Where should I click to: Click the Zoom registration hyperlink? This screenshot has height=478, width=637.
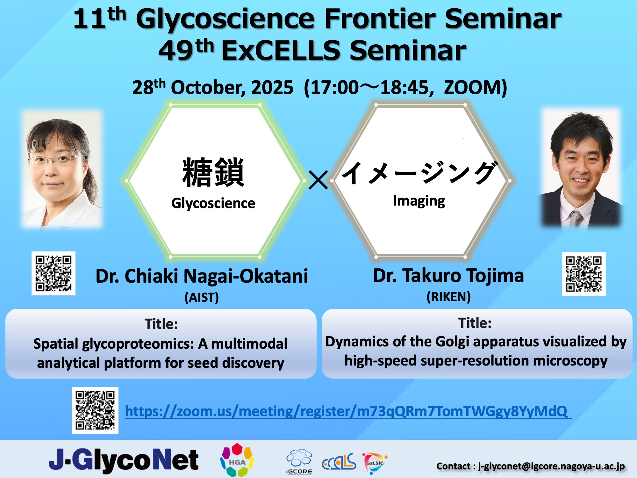coord(348,411)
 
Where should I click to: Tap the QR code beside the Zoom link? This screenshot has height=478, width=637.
coord(95,410)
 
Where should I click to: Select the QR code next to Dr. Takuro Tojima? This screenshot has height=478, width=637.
coord(583,274)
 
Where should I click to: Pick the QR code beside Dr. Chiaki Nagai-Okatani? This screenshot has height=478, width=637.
coord(54,273)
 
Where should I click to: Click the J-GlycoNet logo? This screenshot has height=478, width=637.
coord(124,460)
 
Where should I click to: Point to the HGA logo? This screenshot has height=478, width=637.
coord(237,460)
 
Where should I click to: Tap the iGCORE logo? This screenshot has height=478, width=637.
coord(299,462)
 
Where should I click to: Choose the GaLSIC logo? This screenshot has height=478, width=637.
coord(375,462)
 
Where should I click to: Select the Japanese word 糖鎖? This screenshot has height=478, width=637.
coord(213,172)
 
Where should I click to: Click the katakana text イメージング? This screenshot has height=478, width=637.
coord(419,173)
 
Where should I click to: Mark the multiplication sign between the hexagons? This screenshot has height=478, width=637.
coord(318,180)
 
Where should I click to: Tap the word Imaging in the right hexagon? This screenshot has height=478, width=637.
coord(419,201)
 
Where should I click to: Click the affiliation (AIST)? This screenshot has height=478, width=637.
coord(202,297)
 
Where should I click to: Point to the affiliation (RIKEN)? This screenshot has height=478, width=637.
coord(448,297)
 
